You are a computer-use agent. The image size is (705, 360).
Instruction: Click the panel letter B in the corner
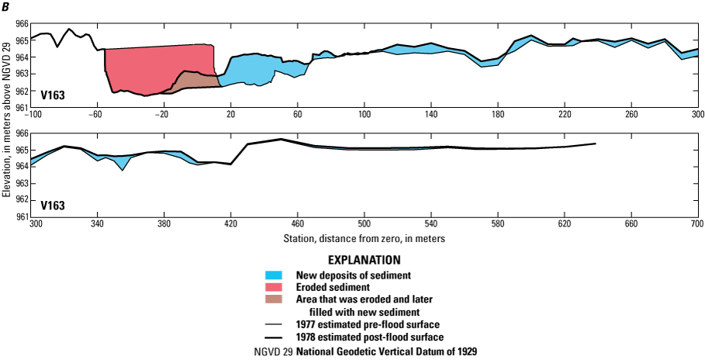[x=5, y=6]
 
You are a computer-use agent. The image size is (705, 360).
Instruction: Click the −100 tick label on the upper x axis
[x=33, y=114]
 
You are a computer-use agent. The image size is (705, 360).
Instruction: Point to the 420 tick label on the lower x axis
[x=230, y=223]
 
